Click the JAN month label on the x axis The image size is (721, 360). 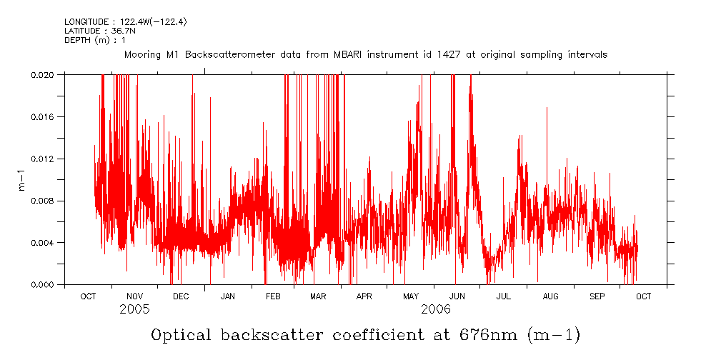[x=228, y=296]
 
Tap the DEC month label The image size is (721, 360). [x=181, y=296]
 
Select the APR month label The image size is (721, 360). [x=364, y=296]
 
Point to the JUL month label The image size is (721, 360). [x=504, y=296]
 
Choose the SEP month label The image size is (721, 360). [x=597, y=296]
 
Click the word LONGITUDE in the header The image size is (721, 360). [x=88, y=22]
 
